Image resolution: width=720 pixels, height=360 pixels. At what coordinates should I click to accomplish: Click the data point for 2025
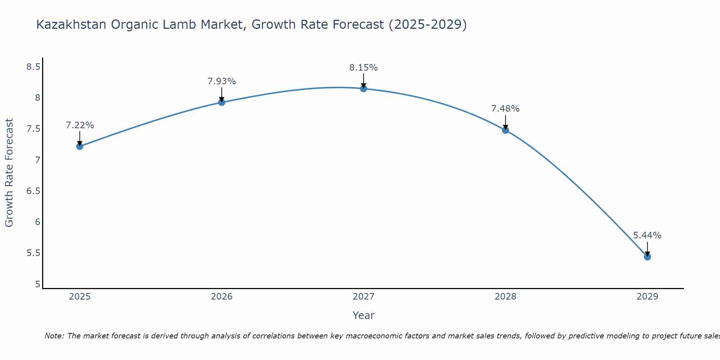80,146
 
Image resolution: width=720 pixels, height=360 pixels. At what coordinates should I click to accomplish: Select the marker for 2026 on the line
222,102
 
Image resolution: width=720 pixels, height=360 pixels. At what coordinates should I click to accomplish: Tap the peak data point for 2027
364,89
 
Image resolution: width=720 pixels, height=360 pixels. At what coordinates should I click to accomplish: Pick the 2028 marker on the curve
505,130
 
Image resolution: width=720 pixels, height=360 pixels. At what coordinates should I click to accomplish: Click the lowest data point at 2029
647,257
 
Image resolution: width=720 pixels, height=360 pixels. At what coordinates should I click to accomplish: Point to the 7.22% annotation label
80,125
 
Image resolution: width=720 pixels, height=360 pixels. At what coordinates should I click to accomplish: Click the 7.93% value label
222,81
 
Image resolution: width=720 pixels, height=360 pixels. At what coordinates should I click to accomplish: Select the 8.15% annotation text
364,68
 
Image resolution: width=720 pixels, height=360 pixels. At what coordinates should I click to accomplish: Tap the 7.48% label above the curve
505,109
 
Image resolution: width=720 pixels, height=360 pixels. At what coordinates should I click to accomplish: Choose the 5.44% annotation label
647,235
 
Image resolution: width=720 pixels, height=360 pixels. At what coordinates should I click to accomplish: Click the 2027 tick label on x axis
364,297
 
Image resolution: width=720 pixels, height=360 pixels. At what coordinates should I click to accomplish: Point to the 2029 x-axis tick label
647,297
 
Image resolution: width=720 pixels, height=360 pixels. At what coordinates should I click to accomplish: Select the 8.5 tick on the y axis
33,67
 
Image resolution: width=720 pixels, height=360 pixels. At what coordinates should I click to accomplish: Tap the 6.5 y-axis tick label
33,191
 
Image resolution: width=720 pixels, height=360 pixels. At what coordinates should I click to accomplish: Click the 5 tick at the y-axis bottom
37,284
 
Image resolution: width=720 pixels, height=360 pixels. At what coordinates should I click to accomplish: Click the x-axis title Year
364,315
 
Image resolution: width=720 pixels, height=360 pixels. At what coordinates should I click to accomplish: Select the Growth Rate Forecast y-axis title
9,173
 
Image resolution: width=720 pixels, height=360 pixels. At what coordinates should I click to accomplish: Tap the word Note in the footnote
54,336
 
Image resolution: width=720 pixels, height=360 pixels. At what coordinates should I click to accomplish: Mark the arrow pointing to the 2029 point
647,248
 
